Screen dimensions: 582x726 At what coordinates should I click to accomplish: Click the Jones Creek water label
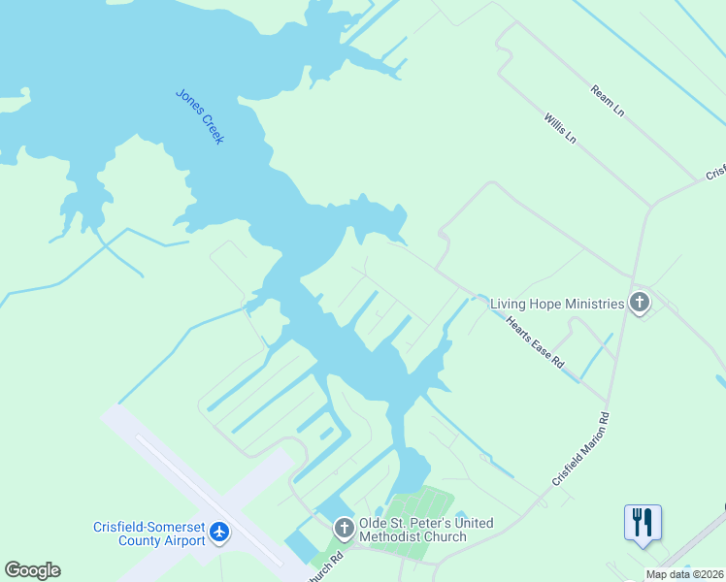pyautogui.click(x=200, y=116)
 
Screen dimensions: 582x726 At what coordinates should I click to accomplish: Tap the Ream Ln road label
pyautogui.click(x=607, y=100)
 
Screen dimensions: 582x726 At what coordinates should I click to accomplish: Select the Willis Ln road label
pyautogui.click(x=560, y=126)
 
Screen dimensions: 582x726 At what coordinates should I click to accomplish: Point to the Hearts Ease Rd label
pyautogui.click(x=535, y=341)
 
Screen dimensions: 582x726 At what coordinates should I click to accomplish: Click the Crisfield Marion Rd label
pyautogui.click(x=580, y=450)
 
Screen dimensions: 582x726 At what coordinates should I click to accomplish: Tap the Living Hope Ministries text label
pyautogui.click(x=556, y=304)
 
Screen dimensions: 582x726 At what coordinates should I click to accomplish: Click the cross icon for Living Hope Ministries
pyautogui.click(x=639, y=303)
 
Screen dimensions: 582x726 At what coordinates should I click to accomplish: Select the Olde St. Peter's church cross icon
pyautogui.click(x=344, y=529)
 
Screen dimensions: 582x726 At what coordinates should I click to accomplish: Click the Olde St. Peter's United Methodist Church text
pyautogui.click(x=426, y=530)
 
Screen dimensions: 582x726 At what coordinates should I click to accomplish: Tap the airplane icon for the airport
pyautogui.click(x=219, y=532)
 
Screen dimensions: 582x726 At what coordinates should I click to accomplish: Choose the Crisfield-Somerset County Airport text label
pyautogui.click(x=149, y=533)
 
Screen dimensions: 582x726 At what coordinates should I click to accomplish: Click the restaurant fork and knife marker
pyautogui.click(x=643, y=522)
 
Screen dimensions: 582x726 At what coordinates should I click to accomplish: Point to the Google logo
pyautogui.click(x=32, y=570)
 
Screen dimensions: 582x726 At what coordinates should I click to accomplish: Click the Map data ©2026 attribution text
pyautogui.click(x=684, y=574)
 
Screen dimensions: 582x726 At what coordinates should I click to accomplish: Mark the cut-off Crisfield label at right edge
pyautogui.click(x=715, y=172)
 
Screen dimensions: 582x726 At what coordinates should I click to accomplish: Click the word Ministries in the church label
pyautogui.click(x=591, y=304)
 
